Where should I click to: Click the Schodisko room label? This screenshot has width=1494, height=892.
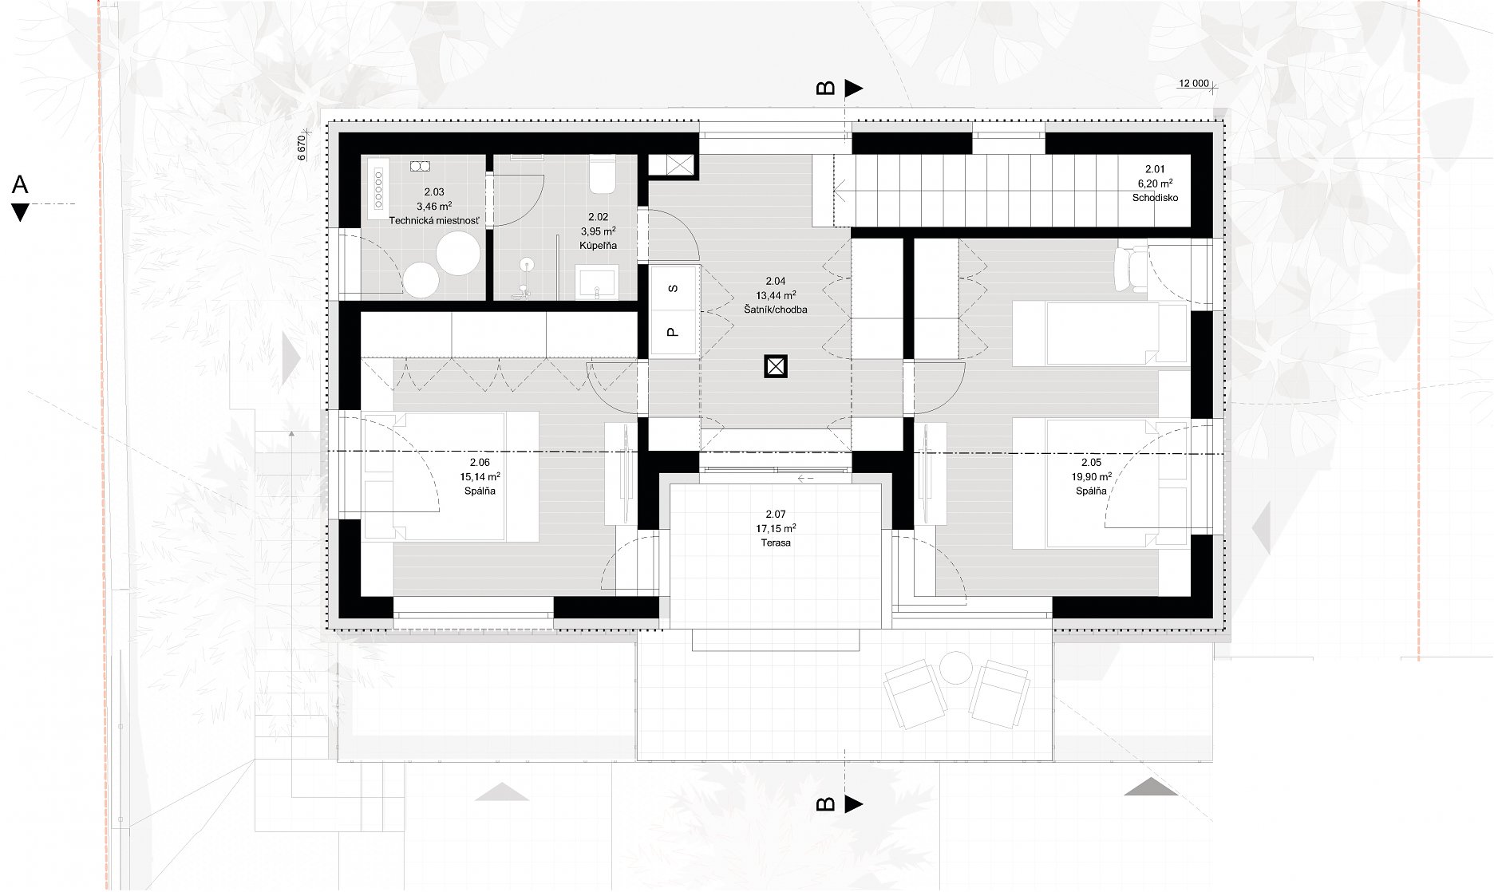[1155, 197]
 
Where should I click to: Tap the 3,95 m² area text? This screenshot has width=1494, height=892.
[598, 231]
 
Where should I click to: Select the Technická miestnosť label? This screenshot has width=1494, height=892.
[434, 220]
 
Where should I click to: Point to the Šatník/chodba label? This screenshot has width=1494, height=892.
[775, 310]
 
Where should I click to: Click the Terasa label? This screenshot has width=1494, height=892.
[776, 543]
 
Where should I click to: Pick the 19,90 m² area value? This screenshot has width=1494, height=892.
[1091, 476]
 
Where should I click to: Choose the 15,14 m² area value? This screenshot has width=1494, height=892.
[480, 476]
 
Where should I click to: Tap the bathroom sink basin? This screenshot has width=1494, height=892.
[595, 284]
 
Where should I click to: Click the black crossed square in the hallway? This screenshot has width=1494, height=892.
[776, 366]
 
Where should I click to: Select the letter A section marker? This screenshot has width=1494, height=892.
[20, 185]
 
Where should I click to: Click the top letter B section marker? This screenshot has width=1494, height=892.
[826, 88]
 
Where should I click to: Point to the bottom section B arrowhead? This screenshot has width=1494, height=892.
[854, 803]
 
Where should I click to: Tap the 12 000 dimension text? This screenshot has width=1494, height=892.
[1194, 83]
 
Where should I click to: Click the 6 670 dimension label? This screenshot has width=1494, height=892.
[302, 148]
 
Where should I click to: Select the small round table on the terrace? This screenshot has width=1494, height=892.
[956, 667]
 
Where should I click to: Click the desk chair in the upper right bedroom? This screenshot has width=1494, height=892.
[1130, 267]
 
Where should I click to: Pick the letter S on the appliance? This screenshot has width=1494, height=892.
[674, 288]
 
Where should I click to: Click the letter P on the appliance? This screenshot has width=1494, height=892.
[674, 332]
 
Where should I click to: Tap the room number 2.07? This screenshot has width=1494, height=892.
[776, 515]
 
